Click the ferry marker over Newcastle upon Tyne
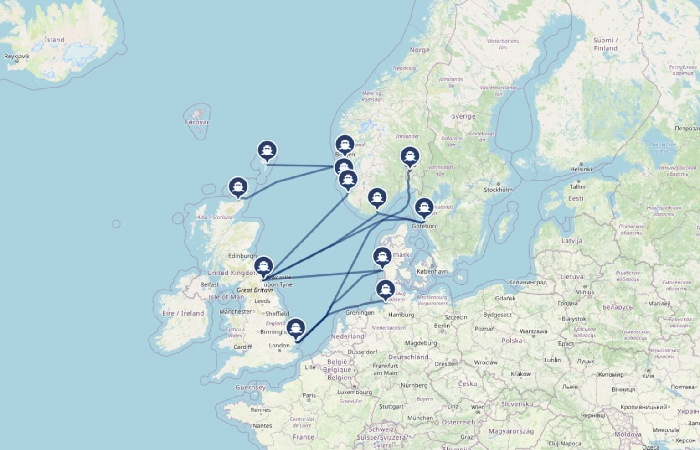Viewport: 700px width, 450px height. pyautogui.click(x=263, y=266)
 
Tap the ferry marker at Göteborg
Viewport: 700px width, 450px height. pyautogui.click(x=424, y=207)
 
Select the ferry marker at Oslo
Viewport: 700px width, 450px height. pyautogui.click(x=410, y=156)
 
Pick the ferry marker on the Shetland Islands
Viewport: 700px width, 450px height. pyautogui.click(x=267, y=150)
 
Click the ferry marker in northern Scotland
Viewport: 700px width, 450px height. pyautogui.click(x=238, y=187)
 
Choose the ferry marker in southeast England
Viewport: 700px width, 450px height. pyautogui.click(x=296, y=328)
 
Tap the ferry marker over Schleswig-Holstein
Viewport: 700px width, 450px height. pyautogui.click(x=386, y=289)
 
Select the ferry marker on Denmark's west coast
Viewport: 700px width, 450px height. pyautogui.click(x=382, y=257)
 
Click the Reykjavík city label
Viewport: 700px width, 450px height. pyautogui.click(x=17, y=57)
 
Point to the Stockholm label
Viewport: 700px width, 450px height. pyautogui.click(x=498, y=190)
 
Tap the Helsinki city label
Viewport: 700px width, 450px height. pyautogui.click(x=581, y=169)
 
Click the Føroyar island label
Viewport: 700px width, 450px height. pyautogui.click(x=197, y=122)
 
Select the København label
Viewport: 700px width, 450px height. pyautogui.click(x=432, y=271)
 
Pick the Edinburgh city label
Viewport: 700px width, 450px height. pyautogui.click(x=242, y=256)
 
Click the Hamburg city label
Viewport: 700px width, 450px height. pyautogui.click(x=401, y=315)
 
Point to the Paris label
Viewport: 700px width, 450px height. pyautogui.click(x=309, y=395)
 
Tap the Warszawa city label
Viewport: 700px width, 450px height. pyautogui.click(x=533, y=331)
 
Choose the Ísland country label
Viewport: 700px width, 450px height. pyautogui.click(x=54, y=40)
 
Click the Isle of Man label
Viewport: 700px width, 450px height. pyautogui.click(x=226, y=297)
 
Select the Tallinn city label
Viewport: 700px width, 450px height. pyautogui.click(x=578, y=186)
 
